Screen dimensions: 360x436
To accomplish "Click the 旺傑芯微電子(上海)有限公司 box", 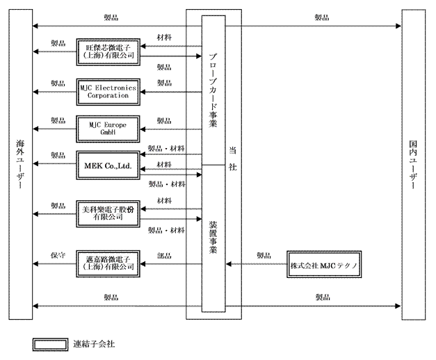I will [107, 51].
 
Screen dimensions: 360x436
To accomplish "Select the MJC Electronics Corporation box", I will [107, 91].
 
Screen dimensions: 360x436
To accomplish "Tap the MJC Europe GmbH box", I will [107, 128].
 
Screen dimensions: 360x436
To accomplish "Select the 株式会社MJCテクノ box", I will [326, 264].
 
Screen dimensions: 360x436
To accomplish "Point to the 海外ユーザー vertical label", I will [19, 166].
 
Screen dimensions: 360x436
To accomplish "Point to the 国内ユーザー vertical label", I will [414, 166].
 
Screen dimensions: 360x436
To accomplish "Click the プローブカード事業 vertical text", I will [213, 88].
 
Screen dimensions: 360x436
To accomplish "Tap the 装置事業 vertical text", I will [213, 236].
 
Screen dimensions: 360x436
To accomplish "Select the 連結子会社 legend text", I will [94, 344].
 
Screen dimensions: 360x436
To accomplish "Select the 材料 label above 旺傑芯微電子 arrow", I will [165, 38].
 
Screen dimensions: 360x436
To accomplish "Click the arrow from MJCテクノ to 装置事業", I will [258, 264].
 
